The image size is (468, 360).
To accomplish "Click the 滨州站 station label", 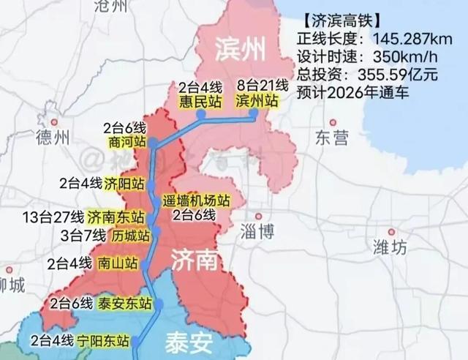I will point(258,101).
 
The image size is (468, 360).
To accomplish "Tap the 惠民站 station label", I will point(199,101).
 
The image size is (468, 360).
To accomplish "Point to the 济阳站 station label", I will point(124,183).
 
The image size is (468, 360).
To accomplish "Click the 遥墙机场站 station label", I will point(196,200).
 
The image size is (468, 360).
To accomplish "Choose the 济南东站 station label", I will point(115,217).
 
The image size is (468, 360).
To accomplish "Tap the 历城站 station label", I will point(131,236).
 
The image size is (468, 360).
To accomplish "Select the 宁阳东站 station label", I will point(107,340).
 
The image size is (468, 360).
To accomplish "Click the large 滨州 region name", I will point(238,49).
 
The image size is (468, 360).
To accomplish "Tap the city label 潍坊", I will point(389,246).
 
